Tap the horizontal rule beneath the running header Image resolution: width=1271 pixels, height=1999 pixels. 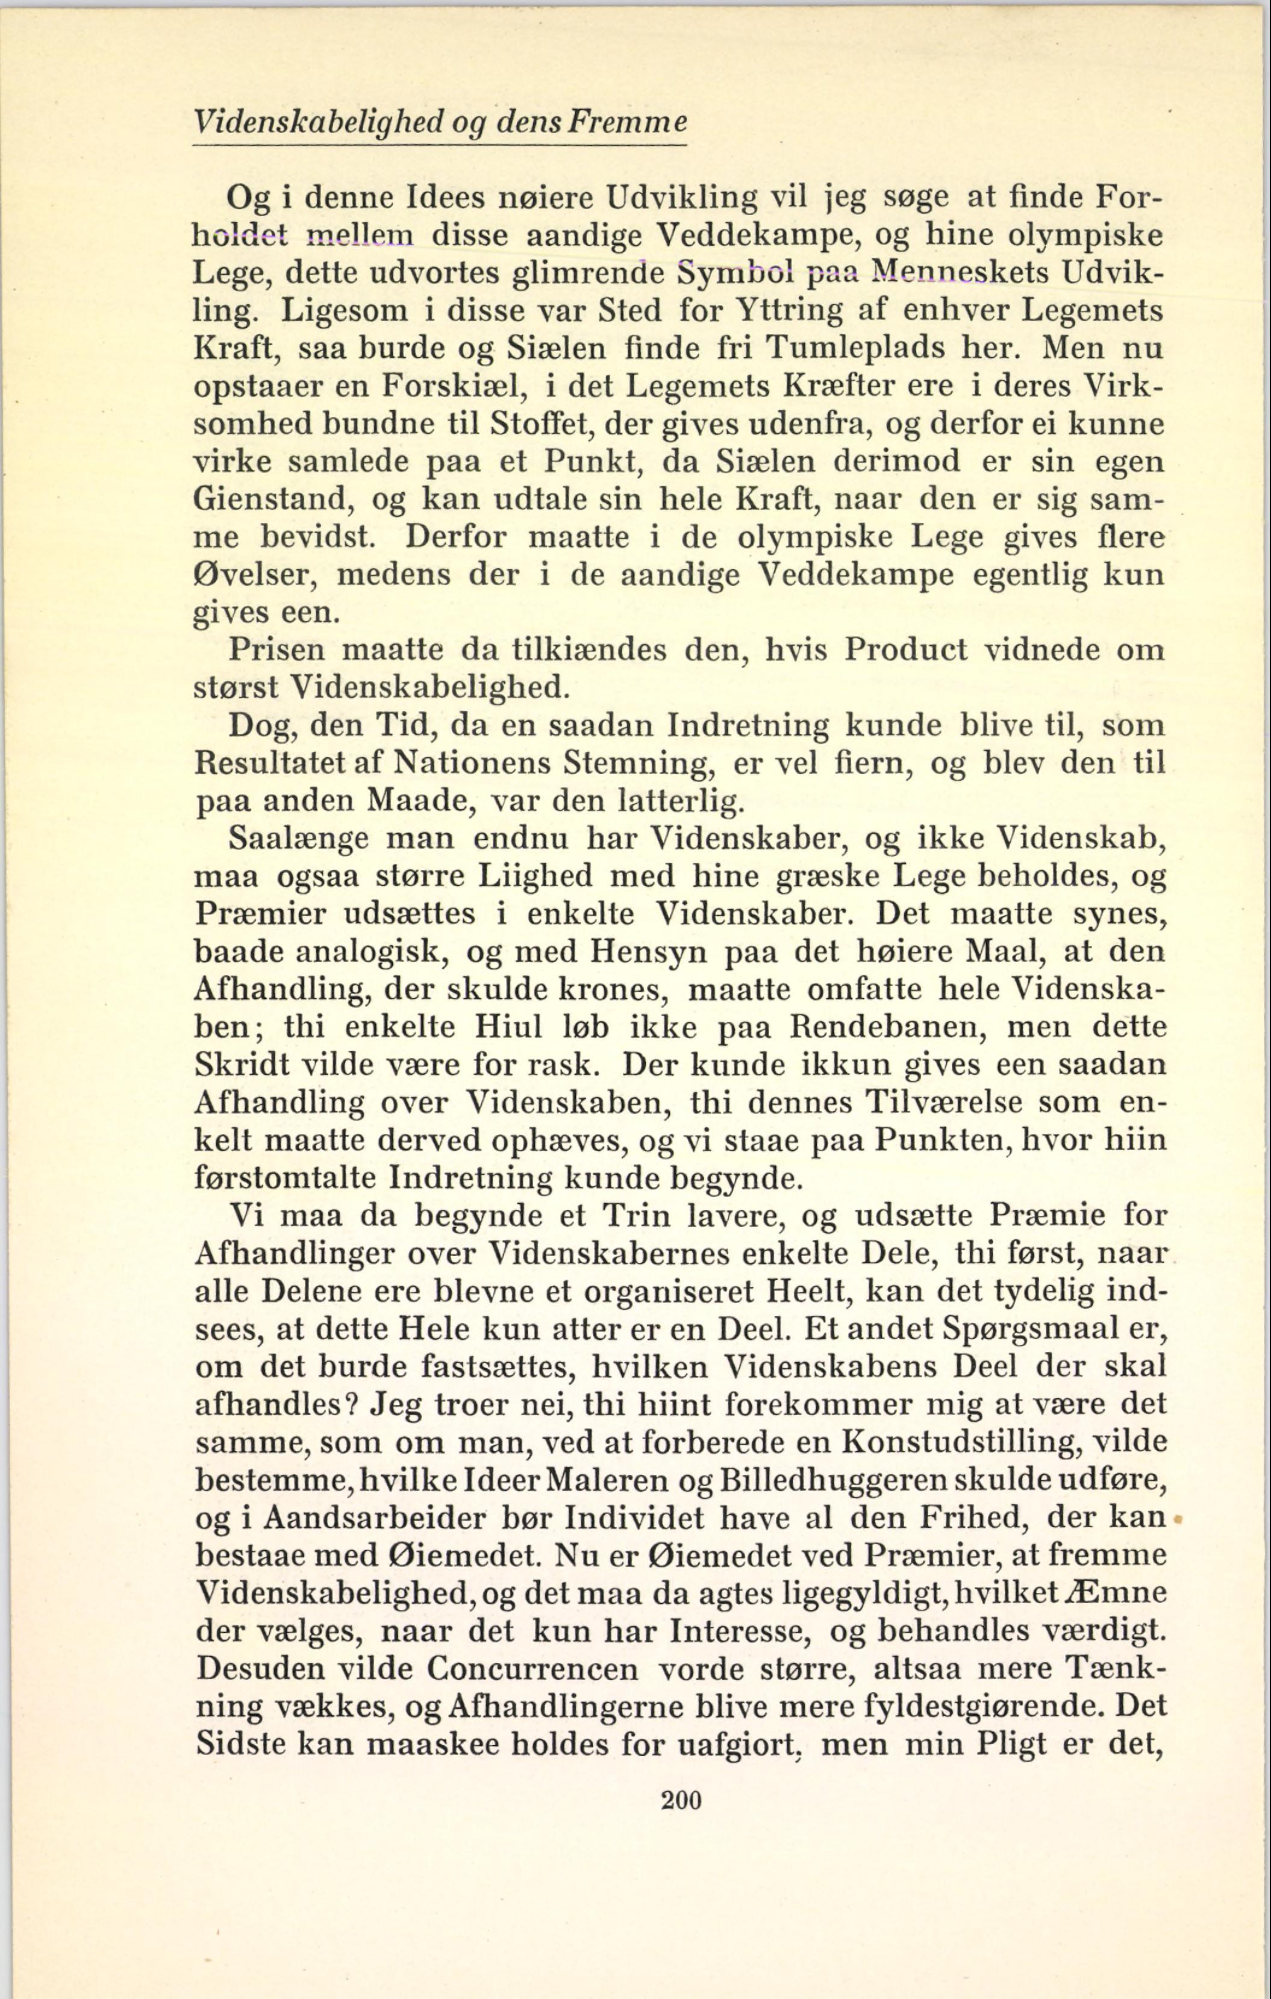click(439, 146)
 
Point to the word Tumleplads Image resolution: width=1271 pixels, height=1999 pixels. click(857, 347)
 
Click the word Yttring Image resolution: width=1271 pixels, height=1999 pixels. click(787, 310)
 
